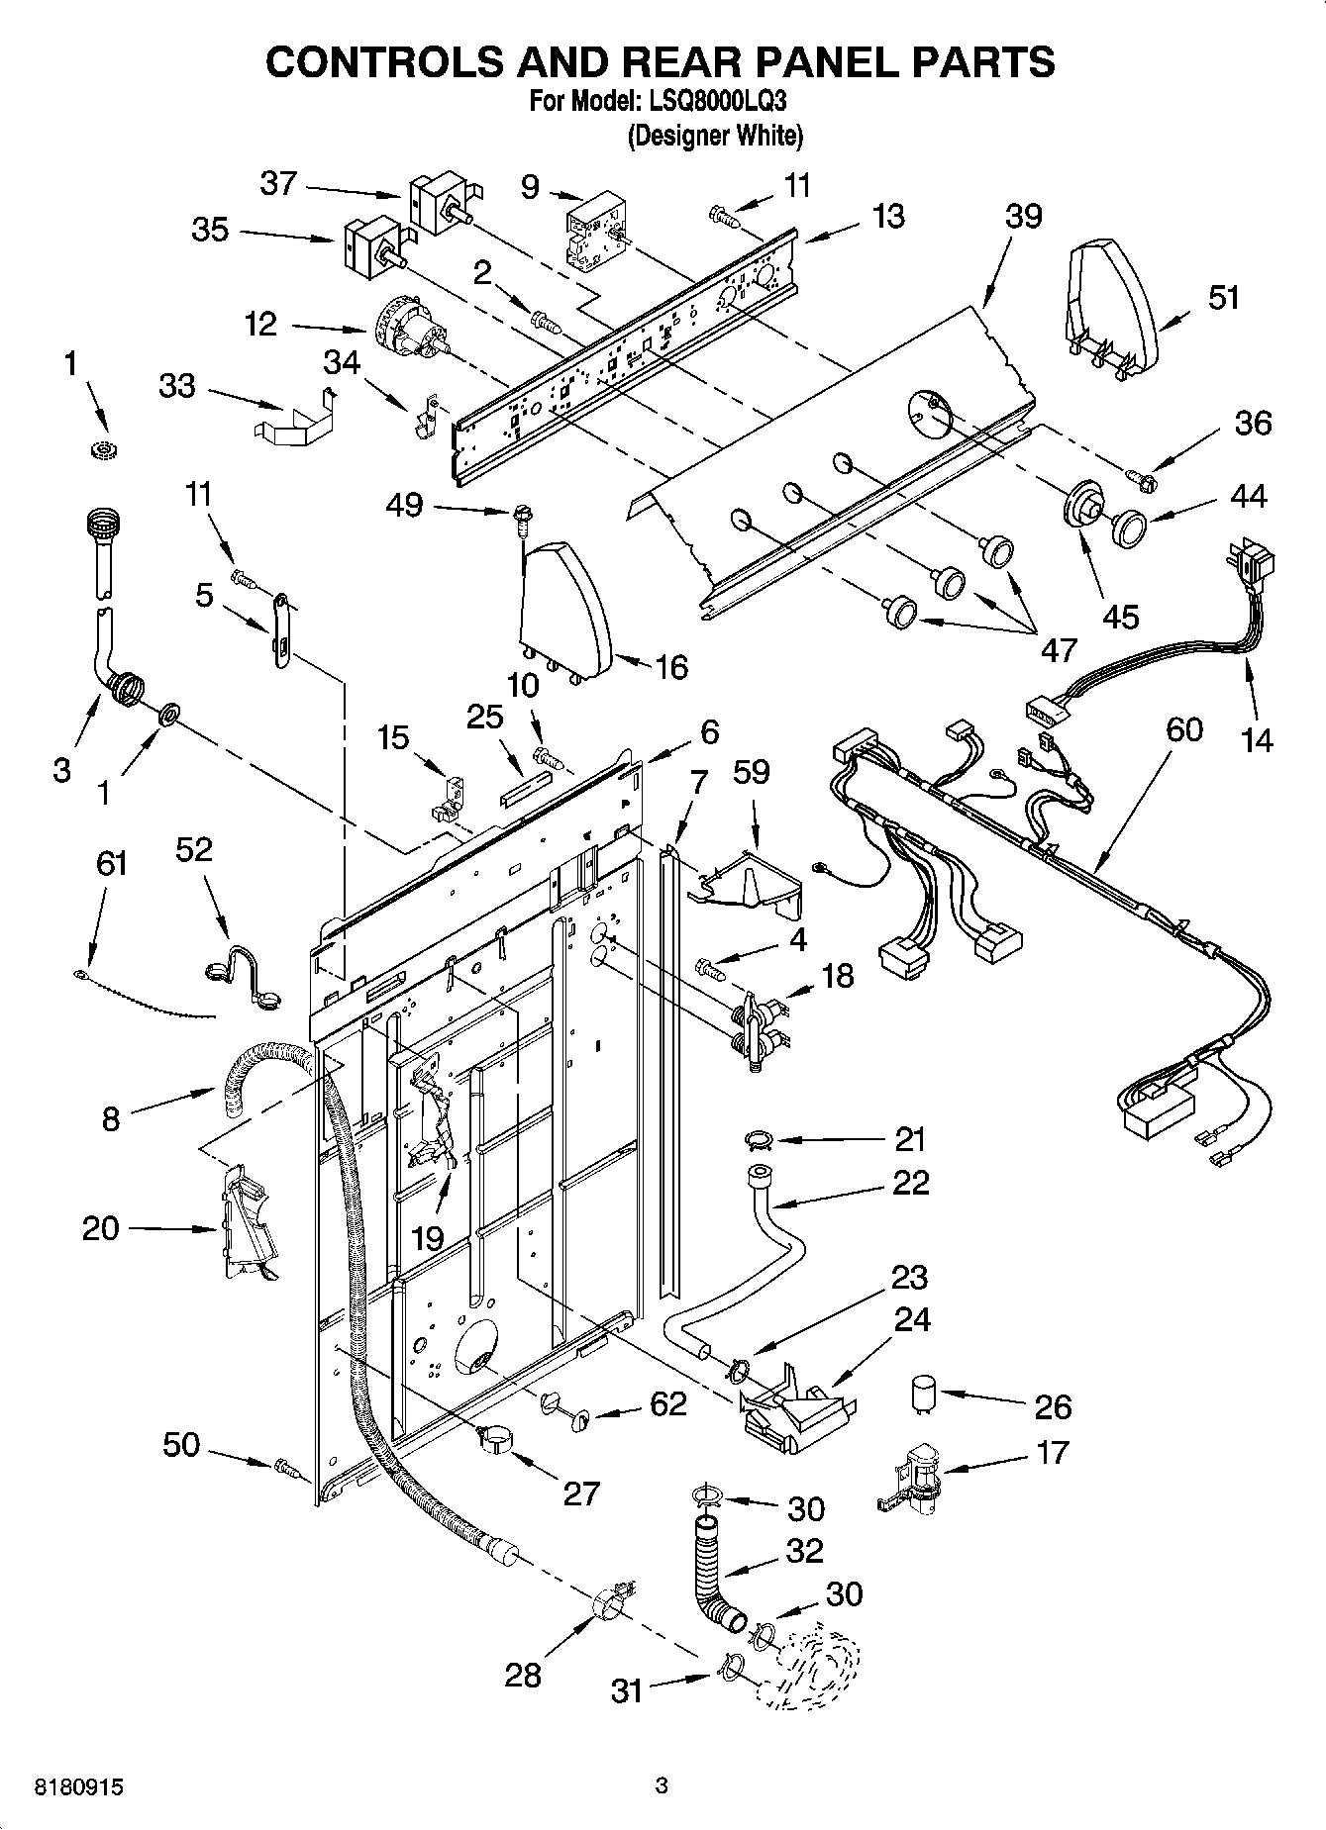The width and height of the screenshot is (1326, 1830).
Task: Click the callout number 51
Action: (x=1224, y=296)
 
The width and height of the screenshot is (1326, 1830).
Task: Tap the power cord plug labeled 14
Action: (x=1252, y=566)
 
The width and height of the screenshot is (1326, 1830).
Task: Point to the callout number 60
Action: (x=1183, y=729)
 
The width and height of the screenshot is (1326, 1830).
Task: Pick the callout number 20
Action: (x=100, y=1228)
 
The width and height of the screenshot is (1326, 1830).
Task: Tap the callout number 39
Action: (x=1023, y=216)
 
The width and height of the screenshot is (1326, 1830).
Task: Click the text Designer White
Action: (x=715, y=136)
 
